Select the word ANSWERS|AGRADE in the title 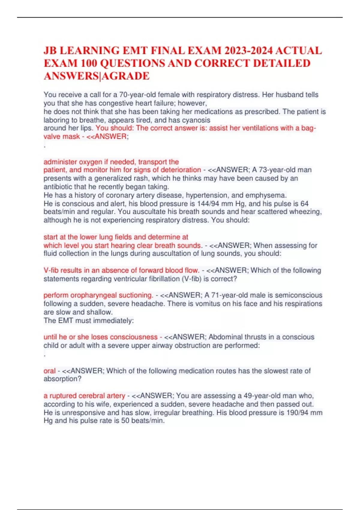(x=96, y=76)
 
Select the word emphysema (x=270, y=195)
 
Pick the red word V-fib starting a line (x=51, y=270)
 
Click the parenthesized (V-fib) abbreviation (x=191, y=279)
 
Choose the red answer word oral (x=49, y=371)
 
